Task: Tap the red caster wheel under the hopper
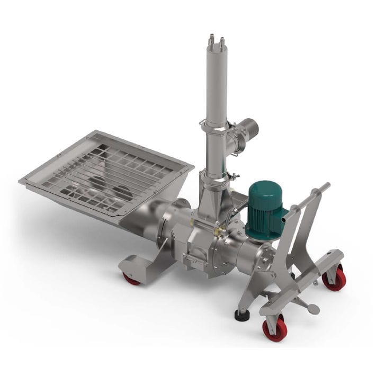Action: [131, 277]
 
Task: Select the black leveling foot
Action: [243, 315]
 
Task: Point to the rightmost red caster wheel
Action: [334, 277]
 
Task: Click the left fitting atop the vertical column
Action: [211, 39]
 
